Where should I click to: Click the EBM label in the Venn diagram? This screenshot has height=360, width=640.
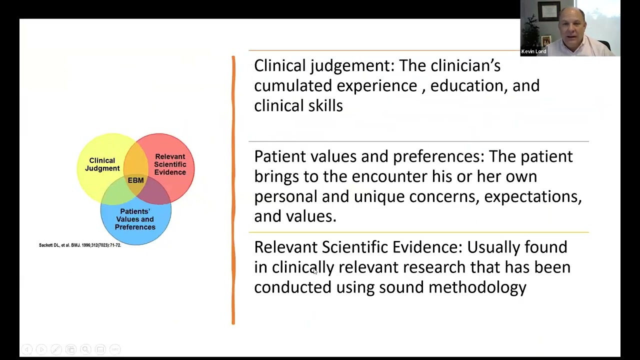click(x=135, y=180)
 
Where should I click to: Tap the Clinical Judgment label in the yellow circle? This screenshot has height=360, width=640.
click(x=102, y=164)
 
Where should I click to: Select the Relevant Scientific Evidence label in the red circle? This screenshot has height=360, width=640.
click(x=170, y=164)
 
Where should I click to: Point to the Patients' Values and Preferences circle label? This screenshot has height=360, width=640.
click(x=135, y=219)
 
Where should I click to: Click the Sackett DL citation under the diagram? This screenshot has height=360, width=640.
click(x=80, y=245)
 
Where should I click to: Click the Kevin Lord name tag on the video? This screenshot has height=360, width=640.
click(x=533, y=51)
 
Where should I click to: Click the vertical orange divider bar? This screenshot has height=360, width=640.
click(x=233, y=190)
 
